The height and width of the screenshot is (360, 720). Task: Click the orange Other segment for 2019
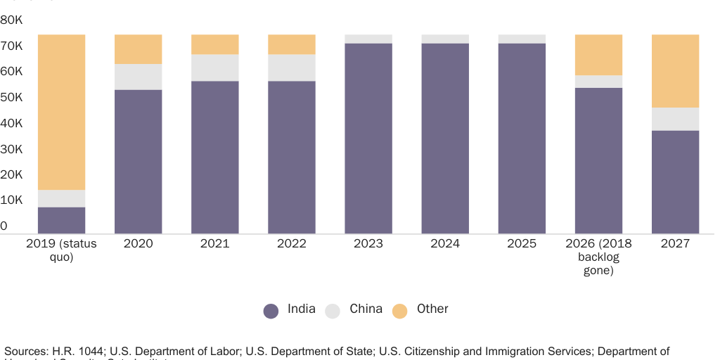pos(61,112)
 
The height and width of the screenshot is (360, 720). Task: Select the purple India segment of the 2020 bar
pos(139,161)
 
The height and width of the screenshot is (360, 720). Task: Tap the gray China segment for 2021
pos(215,67)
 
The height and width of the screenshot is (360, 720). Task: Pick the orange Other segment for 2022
pos(292,44)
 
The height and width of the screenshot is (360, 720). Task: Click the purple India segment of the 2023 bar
pos(368,138)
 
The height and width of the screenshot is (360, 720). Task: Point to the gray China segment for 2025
pos(522,39)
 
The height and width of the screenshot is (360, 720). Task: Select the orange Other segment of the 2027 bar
pos(675,71)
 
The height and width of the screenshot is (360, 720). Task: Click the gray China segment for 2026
pos(598,82)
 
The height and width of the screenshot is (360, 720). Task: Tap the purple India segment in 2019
pos(61,220)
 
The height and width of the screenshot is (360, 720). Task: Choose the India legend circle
pos(271,311)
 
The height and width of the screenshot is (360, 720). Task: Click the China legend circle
pos(333,311)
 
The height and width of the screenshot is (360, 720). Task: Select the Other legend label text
pos(432,309)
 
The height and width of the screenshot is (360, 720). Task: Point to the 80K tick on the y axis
pos(13,20)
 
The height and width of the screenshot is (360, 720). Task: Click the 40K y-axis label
pos(13,123)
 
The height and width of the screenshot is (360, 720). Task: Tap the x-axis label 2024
pos(445,244)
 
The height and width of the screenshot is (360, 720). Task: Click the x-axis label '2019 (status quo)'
pos(61,250)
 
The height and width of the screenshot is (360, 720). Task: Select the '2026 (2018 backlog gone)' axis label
pos(598,257)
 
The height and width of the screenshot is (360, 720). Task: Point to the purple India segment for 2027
pos(675,181)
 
